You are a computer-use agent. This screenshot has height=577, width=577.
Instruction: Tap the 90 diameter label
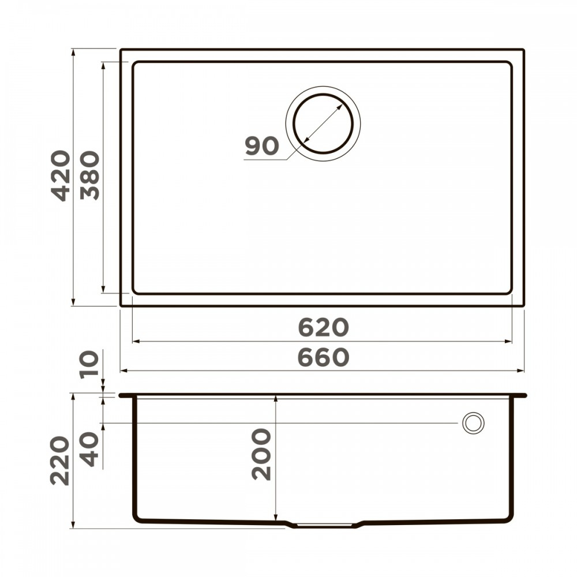261,147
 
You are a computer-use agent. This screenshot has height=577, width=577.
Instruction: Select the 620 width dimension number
323,328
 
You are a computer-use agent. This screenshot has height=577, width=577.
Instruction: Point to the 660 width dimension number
323,358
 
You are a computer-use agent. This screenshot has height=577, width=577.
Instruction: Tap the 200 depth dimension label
261,454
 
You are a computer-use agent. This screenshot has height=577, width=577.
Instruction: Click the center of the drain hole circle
323,123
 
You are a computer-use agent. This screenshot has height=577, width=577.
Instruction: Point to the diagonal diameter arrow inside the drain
323,123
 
